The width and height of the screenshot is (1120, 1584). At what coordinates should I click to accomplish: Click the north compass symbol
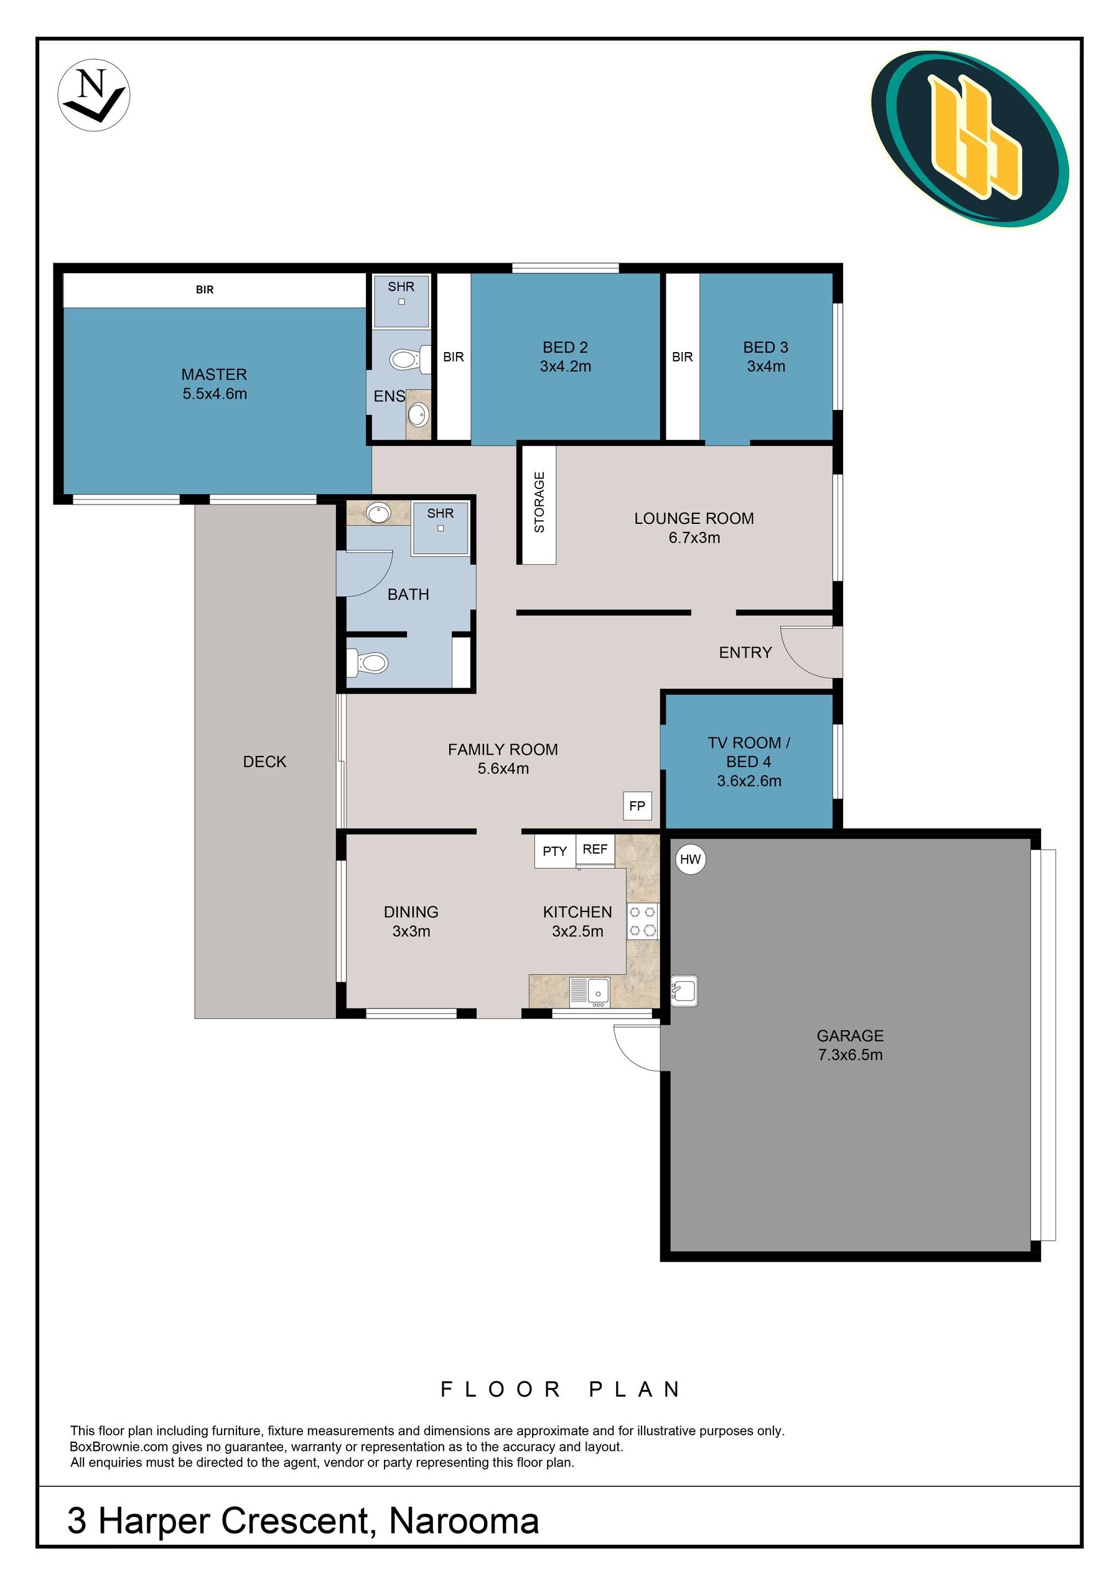click(x=93, y=95)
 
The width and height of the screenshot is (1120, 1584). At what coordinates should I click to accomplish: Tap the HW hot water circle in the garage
click(x=690, y=859)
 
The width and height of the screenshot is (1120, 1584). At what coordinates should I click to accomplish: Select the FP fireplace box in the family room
click(x=637, y=805)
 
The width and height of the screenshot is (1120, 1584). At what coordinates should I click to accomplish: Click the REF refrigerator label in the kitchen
click(x=595, y=849)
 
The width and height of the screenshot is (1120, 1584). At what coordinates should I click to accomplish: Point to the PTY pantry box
click(x=555, y=851)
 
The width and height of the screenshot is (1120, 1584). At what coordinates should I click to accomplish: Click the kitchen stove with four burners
click(x=643, y=921)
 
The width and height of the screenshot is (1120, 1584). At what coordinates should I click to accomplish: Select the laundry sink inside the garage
click(x=684, y=990)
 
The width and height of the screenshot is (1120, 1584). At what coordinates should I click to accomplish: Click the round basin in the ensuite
click(x=418, y=414)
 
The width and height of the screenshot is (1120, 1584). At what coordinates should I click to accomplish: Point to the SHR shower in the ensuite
click(x=401, y=300)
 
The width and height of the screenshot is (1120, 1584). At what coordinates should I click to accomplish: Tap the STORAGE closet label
click(x=539, y=501)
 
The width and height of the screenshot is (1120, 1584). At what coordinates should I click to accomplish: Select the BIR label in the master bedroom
click(x=205, y=290)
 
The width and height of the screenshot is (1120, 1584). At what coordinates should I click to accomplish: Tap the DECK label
click(x=264, y=762)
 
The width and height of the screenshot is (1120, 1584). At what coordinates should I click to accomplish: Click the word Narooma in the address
click(x=464, y=1521)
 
